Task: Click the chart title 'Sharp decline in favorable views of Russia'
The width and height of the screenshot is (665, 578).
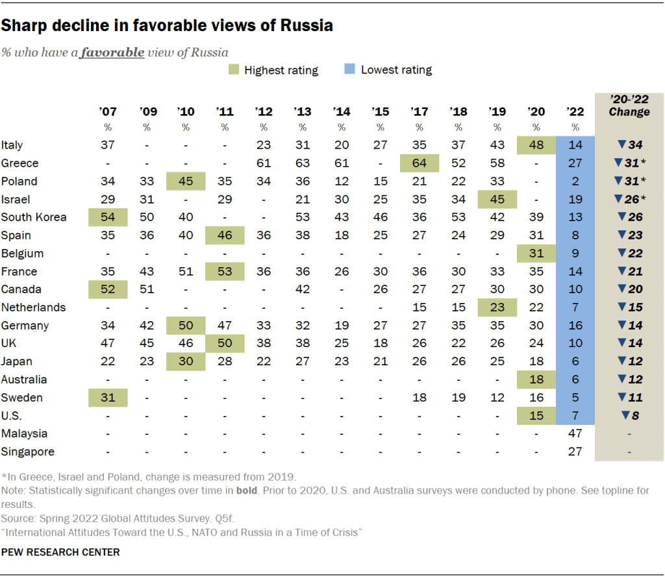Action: click(x=167, y=26)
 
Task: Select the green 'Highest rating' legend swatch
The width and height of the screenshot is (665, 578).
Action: click(x=233, y=70)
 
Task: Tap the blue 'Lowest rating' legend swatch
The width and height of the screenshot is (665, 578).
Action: click(x=350, y=70)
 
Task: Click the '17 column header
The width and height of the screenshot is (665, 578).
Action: click(x=419, y=112)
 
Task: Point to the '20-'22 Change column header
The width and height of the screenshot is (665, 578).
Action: click(x=629, y=106)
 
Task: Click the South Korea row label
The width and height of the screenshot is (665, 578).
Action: click(x=34, y=217)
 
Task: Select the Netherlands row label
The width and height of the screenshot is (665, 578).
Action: click(x=33, y=307)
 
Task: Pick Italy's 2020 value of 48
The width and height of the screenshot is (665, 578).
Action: click(x=536, y=145)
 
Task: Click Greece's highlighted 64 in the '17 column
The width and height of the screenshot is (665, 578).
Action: click(x=419, y=163)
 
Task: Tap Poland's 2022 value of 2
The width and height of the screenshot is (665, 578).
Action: click(x=575, y=182)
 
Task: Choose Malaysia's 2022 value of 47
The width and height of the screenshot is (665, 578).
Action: click(x=575, y=433)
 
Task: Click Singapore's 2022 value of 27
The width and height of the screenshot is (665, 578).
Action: click(x=575, y=452)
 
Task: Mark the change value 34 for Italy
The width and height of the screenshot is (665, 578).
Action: click(x=628, y=145)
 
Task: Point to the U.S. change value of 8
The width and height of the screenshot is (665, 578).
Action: click(x=628, y=415)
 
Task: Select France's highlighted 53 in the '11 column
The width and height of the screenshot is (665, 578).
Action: click(x=225, y=272)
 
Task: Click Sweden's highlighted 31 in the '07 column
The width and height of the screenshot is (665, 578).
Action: click(x=108, y=398)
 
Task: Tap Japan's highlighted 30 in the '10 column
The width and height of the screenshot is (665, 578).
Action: click(x=186, y=361)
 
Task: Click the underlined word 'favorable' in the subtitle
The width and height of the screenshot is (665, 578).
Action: click(x=112, y=52)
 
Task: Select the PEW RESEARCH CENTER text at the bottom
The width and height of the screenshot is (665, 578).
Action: click(x=60, y=553)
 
